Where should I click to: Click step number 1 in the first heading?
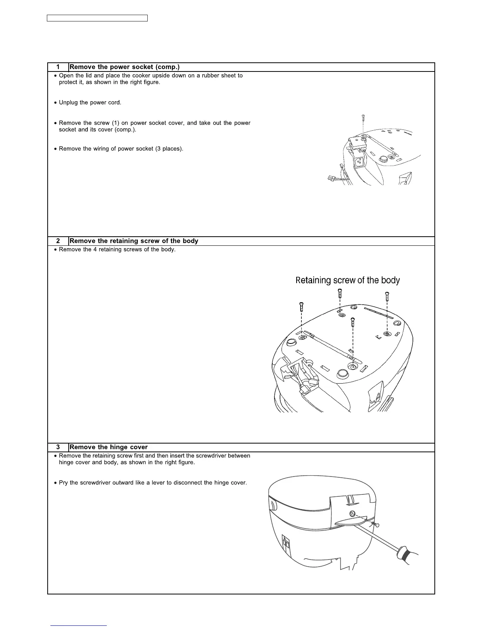click(58, 67)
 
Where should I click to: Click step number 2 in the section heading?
click(58, 241)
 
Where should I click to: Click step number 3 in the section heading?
click(58, 448)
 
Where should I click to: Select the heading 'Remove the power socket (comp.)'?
click(125, 67)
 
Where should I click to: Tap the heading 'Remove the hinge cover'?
click(108, 448)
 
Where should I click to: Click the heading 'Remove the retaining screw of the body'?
click(134, 241)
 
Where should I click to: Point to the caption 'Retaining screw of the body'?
click(347, 280)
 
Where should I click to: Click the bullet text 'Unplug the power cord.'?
click(90, 102)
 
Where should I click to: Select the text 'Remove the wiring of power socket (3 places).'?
click(121, 149)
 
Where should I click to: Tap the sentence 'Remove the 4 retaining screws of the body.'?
click(117, 250)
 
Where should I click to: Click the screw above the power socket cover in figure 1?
click(363, 118)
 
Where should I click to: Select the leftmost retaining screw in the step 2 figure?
click(301, 307)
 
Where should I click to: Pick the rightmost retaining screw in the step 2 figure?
click(387, 296)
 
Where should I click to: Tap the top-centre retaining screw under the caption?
click(340, 293)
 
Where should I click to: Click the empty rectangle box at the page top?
click(97, 18)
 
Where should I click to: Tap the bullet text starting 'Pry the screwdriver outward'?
click(152, 483)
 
